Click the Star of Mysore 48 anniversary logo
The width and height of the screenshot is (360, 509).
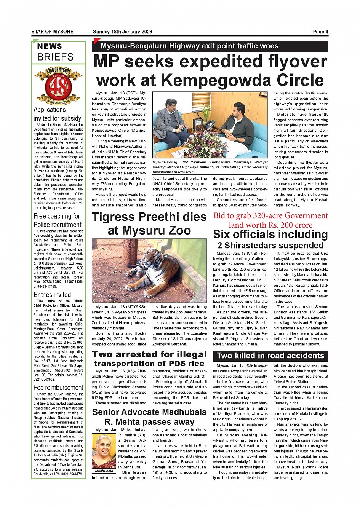[x=58, y=86]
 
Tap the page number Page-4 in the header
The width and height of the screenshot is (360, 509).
[x=320, y=32]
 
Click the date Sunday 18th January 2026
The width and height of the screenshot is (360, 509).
[x=122, y=32]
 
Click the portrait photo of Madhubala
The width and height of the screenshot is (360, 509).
[x=104, y=451]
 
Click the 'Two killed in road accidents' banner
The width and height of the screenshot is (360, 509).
[x=270, y=356]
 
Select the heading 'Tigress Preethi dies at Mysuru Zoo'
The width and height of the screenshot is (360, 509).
[x=149, y=223]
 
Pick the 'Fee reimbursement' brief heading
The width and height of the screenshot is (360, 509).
[x=58, y=388]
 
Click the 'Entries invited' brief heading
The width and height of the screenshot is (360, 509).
[x=52, y=295]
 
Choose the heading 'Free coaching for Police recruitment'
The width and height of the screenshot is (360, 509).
[x=57, y=220]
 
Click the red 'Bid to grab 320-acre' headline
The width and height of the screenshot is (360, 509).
[x=270, y=220]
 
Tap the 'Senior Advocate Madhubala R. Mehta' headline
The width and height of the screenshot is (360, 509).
[x=149, y=417]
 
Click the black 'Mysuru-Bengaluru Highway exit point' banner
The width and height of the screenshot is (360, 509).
[x=210, y=46]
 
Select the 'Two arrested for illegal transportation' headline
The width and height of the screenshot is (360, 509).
[x=149, y=359]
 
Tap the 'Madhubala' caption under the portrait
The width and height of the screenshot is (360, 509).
[x=104, y=471]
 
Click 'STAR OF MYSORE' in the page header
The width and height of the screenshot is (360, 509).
[x=53, y=32]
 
